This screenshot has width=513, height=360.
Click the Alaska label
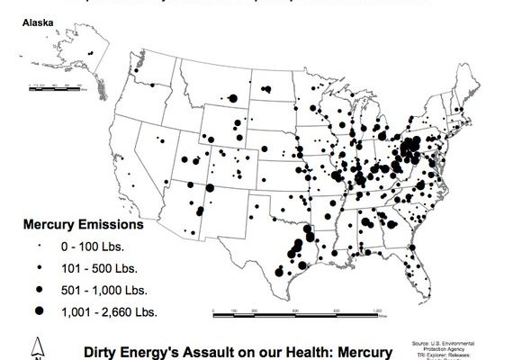(35, 18)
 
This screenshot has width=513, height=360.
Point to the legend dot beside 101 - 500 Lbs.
(40, 268)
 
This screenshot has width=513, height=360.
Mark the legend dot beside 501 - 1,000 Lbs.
(40, 289)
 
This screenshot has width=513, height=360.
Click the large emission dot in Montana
(232, 99)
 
